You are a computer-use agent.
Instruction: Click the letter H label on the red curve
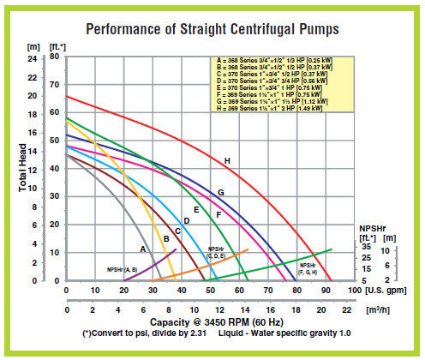[227, 161]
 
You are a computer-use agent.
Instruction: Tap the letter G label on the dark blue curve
[220, 193]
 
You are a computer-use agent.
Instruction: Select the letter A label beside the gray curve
[142, 248]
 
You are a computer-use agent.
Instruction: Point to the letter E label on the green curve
[196, 210]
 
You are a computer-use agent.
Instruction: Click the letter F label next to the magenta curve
[218, 214]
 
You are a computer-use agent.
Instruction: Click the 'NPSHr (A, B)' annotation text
[122, 270]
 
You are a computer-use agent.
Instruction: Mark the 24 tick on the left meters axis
[33, 57]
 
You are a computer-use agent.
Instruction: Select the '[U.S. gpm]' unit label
[378, 291]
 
